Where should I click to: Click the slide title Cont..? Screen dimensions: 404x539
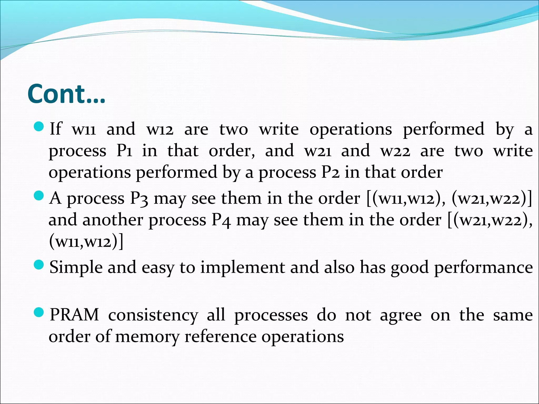[66, 94]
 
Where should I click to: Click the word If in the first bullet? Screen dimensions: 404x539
[56, 129]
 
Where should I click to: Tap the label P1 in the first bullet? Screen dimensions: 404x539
[124, 151]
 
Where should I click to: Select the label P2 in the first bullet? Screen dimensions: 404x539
[331, 172]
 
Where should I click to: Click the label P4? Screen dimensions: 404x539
[221, 220]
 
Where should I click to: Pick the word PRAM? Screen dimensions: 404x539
[74, 315]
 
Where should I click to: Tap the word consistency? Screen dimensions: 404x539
[153, 315]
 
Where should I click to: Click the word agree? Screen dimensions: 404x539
[401, 315]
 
